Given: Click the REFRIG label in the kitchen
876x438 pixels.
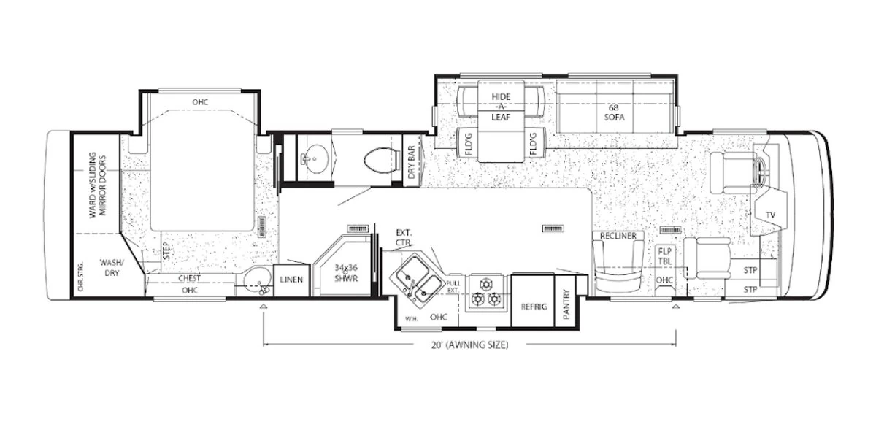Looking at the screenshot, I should [533, 307].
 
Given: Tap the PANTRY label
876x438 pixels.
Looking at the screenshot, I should [566, 304].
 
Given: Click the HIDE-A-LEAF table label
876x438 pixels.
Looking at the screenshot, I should [500, 107].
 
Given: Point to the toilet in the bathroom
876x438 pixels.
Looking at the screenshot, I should [376, 159].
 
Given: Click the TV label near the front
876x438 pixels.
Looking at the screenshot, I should [770, 215].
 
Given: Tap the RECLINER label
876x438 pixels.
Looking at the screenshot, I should [618, 236].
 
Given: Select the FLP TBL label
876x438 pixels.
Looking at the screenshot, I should [665, 256].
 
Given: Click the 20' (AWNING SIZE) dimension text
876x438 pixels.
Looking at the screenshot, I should [469, 345].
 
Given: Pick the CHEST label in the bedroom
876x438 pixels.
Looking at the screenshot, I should [189, 278].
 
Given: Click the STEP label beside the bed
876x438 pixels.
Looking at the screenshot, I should [166, 250].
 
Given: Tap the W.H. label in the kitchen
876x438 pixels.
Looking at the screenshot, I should [412, 318].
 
